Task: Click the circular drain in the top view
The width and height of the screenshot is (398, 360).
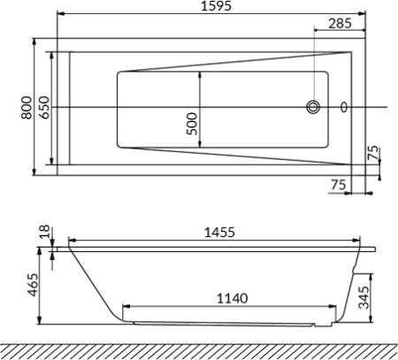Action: (314, 108)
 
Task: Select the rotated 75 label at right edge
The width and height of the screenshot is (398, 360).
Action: (373, 153)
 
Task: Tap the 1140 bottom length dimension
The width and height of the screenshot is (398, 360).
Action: (233, 298)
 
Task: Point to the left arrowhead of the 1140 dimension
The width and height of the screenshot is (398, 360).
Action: (126, 308)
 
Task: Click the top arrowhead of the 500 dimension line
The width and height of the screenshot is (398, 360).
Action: (201, 73)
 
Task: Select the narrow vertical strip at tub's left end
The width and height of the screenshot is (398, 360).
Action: (62, 108)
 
